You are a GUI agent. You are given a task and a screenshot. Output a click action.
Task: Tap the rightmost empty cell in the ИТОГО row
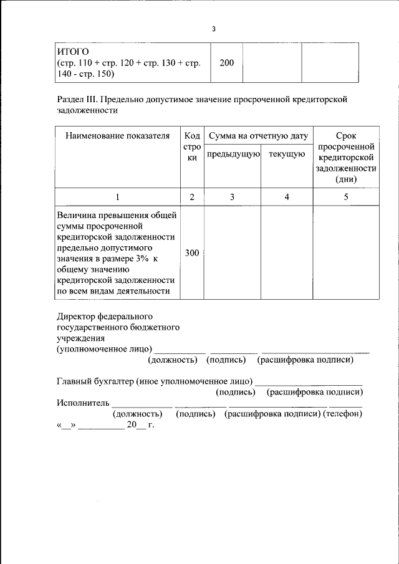click(x=327, y=62)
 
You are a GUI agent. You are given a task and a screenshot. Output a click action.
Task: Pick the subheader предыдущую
click(x=233, y=154)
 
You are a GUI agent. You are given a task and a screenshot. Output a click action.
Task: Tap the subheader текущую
click(x=286, y=154)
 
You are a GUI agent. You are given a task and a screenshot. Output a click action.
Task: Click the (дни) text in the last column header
click(x=345, y=180)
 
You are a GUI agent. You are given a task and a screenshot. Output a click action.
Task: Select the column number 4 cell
click(x=286, y=197)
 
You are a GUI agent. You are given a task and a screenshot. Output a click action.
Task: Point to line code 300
click(x=192, y=253)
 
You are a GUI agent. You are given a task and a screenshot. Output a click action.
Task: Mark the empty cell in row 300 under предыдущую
click(x=233, y=253)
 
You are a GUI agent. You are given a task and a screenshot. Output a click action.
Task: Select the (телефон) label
click(x=342, y=414)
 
